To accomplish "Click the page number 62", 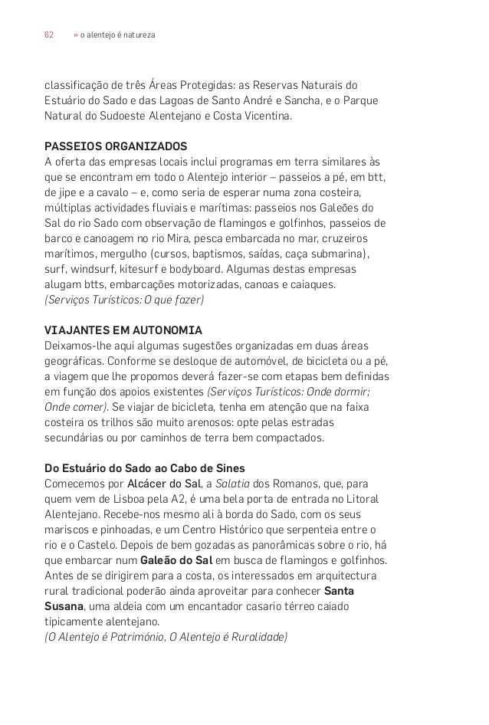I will click(48, 35).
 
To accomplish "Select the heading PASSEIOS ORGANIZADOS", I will click(115, 146).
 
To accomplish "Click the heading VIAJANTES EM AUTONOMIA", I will click(123, 330).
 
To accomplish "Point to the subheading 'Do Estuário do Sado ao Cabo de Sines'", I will click(145, 467).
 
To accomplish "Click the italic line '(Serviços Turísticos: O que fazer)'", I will click(124, 300).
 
